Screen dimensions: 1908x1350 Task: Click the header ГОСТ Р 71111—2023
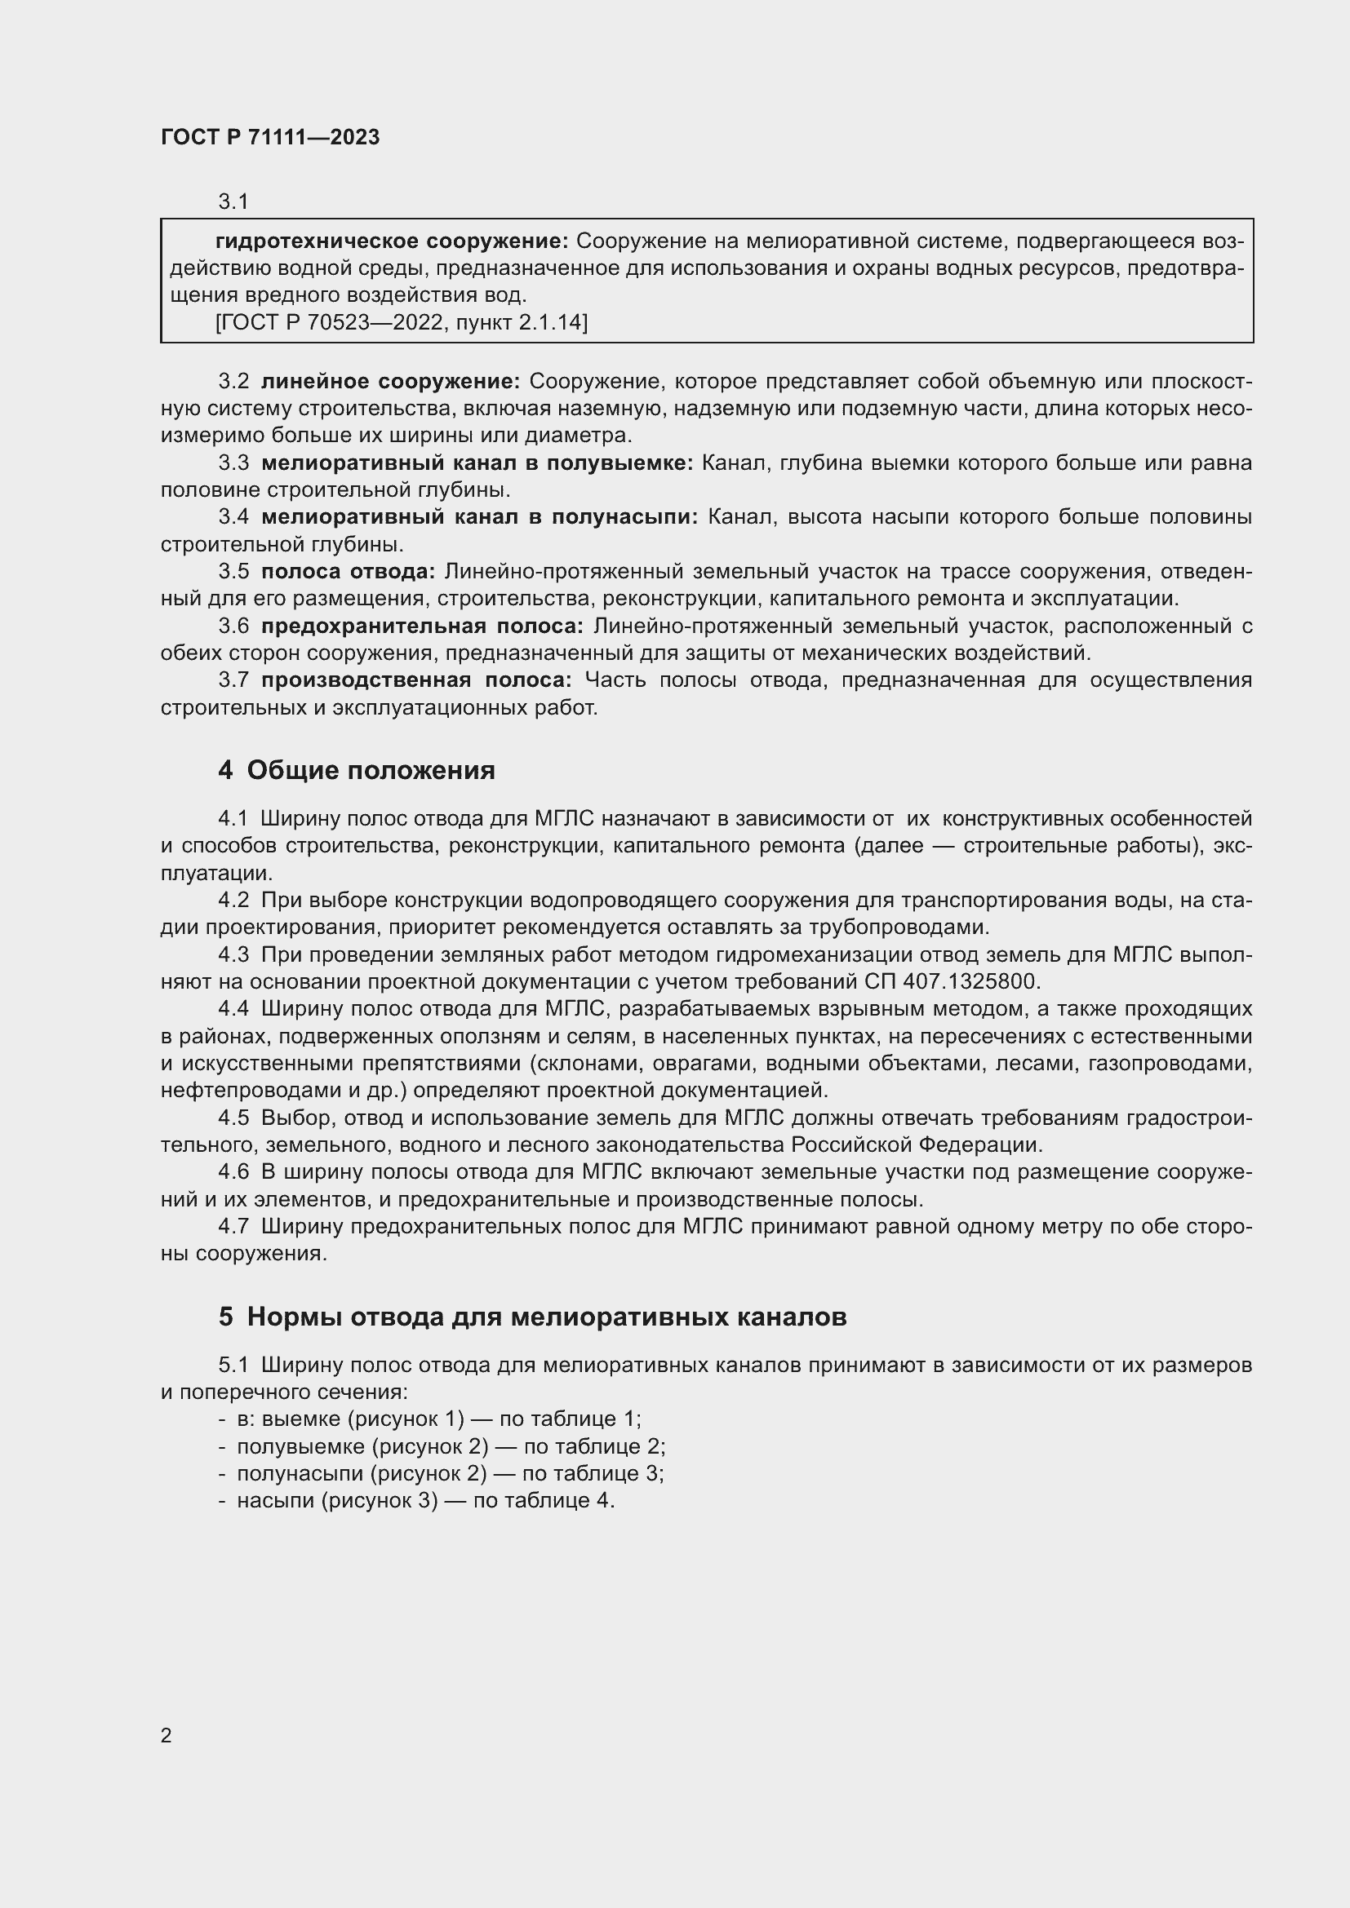click(x=270, y=137)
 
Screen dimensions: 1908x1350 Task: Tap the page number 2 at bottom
click(x=167, y=1735)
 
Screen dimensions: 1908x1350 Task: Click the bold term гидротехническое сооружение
click(x=392, y=241)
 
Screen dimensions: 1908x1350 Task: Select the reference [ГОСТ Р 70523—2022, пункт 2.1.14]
click(x=401, y=321)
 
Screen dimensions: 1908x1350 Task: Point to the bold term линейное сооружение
click(x=391, y=382)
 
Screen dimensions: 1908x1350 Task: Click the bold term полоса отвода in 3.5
click(x=349, y=571)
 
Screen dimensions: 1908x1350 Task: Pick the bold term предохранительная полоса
click(x=422, y=626)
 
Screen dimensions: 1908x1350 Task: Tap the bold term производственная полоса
click(x=416, y=680)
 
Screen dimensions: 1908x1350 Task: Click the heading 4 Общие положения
click(x=357, y=769)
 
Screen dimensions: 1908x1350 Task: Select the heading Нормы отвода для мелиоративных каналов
click(x=546, y=1317)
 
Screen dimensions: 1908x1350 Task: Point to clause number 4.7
click(x=233, y=1227)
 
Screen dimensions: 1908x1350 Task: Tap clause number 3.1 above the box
click(x=233, y=201)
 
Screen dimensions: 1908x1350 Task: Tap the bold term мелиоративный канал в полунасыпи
click(x=480, y=517)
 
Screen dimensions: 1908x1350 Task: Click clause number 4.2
click(x=233, y=900)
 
